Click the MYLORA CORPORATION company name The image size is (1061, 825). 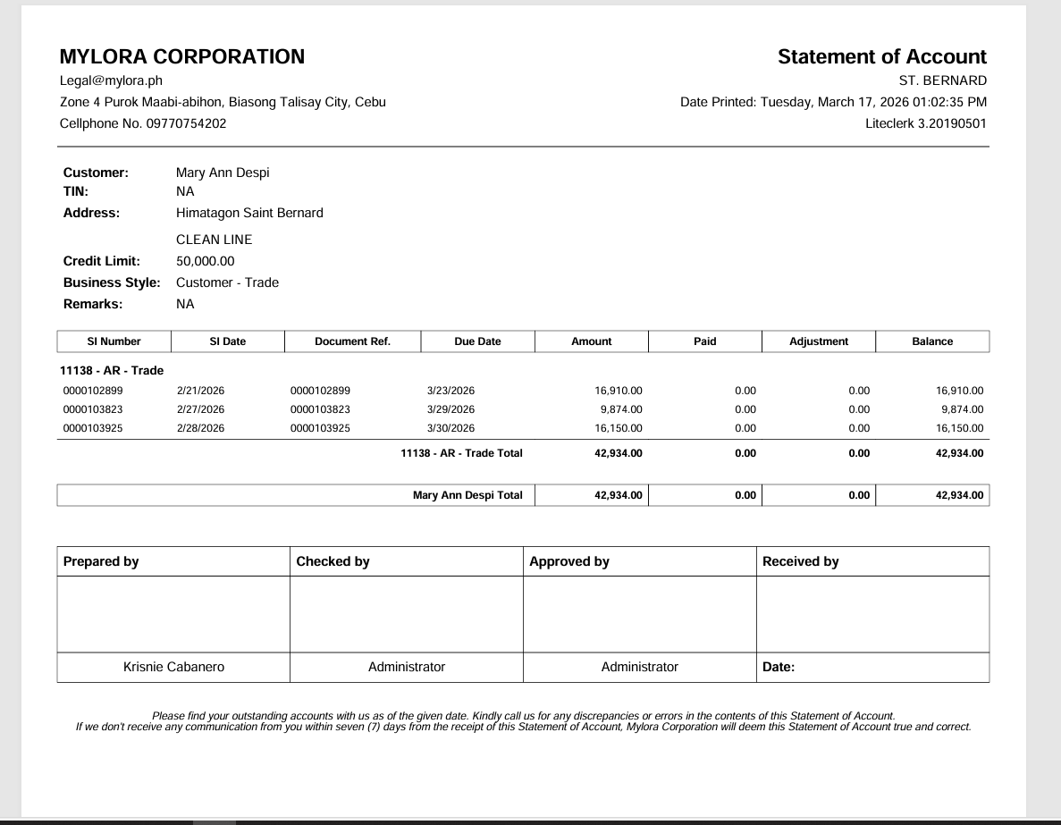[x=181, y=57]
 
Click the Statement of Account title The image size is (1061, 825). [x=881, y=57]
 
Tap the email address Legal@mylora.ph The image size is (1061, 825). [x=111, y=81]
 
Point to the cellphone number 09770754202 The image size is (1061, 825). [x=185, y=123]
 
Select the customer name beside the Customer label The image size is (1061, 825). [x=223, y=173]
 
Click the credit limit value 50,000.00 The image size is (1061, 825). [x=206, y=261]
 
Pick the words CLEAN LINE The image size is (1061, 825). [x=215, y=240]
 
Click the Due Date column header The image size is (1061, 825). [x=477, y=341]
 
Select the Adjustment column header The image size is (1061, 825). [x=819, y=341]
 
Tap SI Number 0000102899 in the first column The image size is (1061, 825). [x=93, y=391]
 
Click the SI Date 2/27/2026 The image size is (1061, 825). [x=200, y=409]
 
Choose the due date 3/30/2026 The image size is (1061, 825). [x=451, y=428]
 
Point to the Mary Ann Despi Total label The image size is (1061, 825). [x=467, y=495]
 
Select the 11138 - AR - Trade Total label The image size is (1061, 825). [x=461, y=453]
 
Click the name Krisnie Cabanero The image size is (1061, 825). [x=173, y=667]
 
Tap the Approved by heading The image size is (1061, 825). [x=569, y=561]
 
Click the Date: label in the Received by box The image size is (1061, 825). [x=779, y=667]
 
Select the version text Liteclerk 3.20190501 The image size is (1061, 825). [x=926, y=123]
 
